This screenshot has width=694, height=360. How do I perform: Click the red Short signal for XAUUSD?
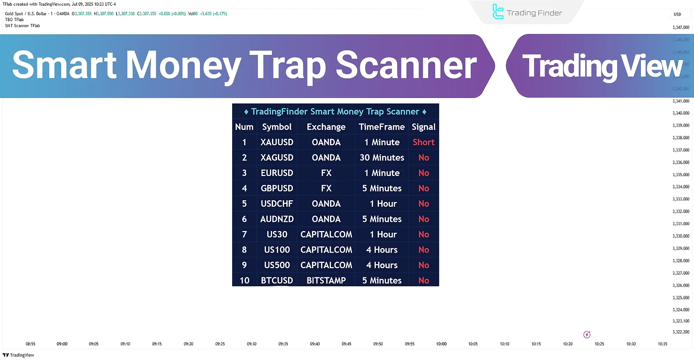[x=423, y=142]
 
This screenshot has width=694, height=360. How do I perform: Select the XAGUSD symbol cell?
[x=277, y=158]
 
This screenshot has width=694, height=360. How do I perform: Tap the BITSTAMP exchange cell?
[x=326, y=280]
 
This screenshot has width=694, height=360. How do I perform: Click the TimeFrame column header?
[x=382, y=127]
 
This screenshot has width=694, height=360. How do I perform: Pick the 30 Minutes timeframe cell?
[x=382, y=158]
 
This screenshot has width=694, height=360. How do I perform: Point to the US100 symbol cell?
[x=277, y=250]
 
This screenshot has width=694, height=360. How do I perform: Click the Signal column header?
[x=423, y=127]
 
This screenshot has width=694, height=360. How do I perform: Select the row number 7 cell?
[x=244, y=235]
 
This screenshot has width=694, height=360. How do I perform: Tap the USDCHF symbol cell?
[x=277, y=204]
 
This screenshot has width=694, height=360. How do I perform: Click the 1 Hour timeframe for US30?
[x=383, y=235]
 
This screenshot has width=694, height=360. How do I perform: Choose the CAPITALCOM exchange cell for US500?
[x=326, y=265]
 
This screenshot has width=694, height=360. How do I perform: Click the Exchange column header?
[x=326, y=127]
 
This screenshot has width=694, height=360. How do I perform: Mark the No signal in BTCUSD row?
[x=423, y=280]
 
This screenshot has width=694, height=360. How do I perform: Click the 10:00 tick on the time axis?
[x=441, y=344]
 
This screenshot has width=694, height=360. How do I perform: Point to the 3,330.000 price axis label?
[x=681, y=236]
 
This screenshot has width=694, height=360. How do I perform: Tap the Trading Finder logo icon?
[x=498, y=12]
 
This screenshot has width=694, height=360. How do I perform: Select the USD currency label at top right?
[x=677, y=14]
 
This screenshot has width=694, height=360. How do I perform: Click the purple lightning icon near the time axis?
[x=587, y=335]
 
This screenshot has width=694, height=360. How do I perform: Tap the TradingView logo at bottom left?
[x=18, y=355]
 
